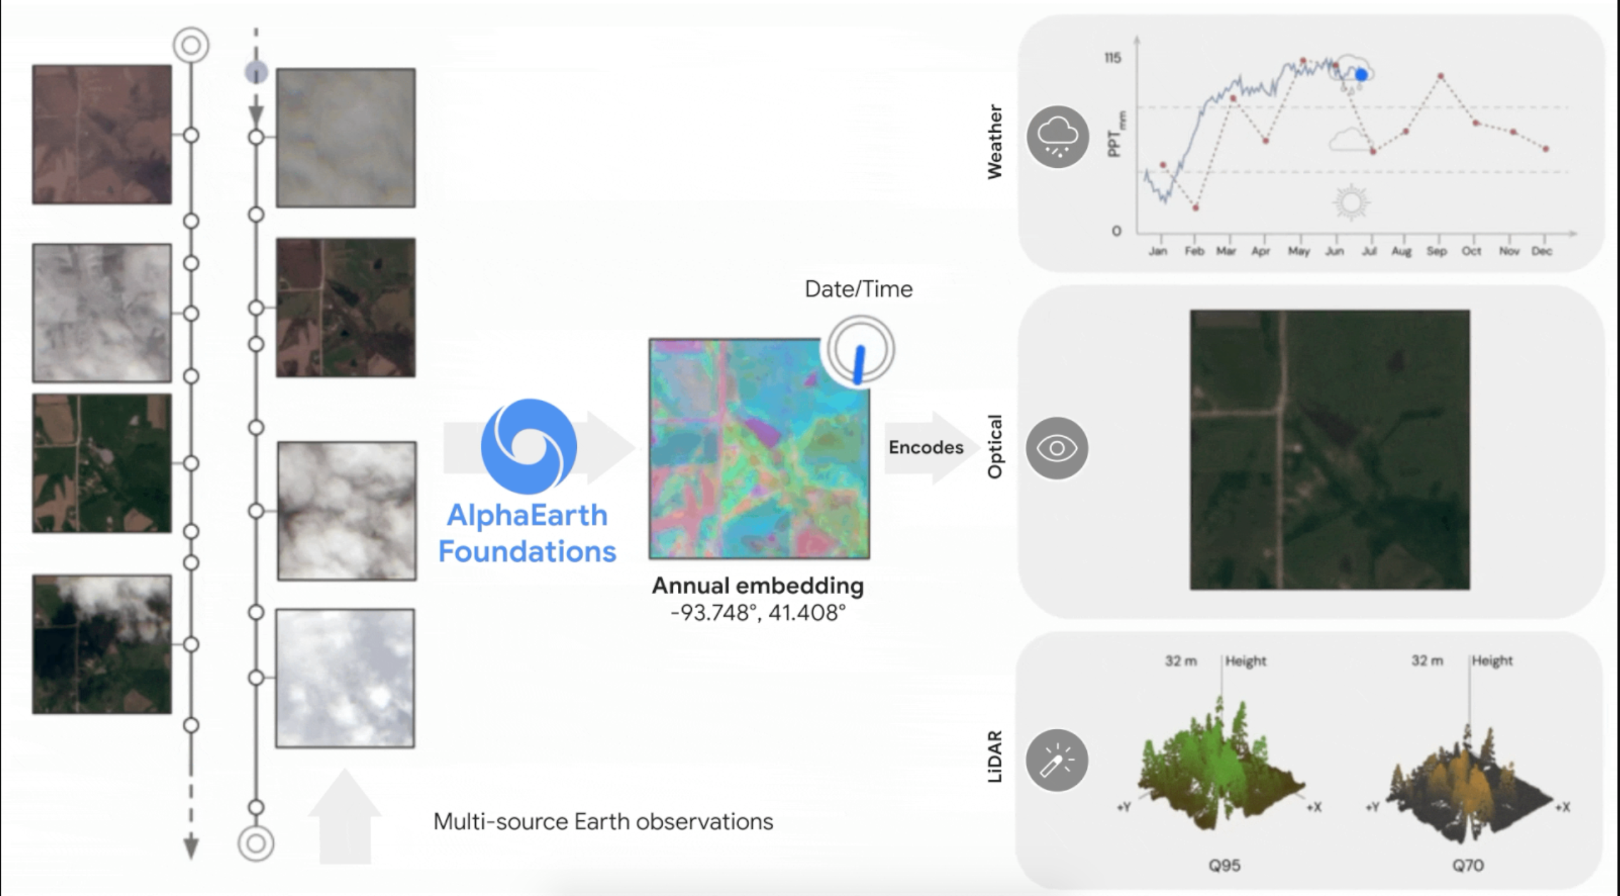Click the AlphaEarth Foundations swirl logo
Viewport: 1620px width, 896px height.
529,446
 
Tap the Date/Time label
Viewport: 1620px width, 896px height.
858,289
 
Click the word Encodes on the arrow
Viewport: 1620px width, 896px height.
926,447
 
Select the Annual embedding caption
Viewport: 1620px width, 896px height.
758,585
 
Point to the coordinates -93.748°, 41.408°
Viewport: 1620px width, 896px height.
758,613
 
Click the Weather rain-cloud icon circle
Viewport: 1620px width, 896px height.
1058,137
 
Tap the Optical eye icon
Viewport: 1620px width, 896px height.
1057,448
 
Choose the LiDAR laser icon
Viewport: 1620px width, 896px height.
1057,760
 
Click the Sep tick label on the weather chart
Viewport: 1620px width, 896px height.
1436,251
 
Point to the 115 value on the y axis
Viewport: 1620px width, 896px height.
1112,58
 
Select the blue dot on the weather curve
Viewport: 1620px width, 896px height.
1361,75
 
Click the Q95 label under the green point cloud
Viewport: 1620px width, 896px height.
1224,865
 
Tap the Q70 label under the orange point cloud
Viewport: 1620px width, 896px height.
1468,865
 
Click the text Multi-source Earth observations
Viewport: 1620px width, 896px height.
603,822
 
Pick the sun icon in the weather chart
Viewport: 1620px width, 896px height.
1351,202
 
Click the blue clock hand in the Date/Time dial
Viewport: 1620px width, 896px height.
859,365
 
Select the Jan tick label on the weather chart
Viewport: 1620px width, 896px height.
1158,251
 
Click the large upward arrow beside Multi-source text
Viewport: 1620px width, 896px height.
344,817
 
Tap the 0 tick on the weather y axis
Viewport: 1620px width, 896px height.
1116,231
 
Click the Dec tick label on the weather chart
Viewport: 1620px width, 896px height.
1542,251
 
